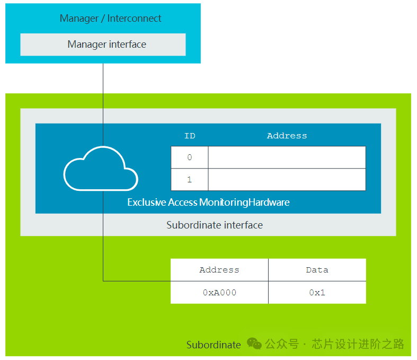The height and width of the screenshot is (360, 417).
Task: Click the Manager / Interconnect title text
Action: [x=110, y=19]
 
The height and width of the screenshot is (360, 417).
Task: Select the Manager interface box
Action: [x=103, y=45]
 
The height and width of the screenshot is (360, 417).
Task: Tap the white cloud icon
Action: [x=100, y=168]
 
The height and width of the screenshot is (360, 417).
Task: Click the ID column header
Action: [x=190, y=136]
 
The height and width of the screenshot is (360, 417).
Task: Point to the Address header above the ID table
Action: [x=287, y=136]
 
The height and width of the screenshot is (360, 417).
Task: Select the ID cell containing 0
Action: [x=190, y=157]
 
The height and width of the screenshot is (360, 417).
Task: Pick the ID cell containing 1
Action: [x=190, y=180]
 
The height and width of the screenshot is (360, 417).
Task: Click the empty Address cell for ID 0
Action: [x=287, y=157]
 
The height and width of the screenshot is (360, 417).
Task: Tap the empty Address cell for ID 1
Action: [x=287, y=180]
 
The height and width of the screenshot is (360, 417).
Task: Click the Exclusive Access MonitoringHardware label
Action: [x=208, y=203]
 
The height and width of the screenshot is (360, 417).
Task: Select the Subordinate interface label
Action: [x=215, y=225]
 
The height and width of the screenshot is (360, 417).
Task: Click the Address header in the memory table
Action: [x=219, y=270]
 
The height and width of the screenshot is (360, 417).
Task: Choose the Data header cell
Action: [x=317, y=270]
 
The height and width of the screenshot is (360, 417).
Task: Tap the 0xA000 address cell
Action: [x=219, y=292]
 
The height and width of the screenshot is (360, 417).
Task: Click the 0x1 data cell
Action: [x=317, y=292]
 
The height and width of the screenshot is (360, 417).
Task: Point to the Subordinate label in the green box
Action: [x=214, y=345]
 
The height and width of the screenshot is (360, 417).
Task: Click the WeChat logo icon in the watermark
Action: [x=254, y=344]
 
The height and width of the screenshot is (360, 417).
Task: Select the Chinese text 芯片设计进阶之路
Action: [x=358, y=344]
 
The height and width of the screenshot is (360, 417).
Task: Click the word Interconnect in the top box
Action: [x=134, y=19]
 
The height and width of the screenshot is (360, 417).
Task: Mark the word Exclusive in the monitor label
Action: [x=147, y=203]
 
